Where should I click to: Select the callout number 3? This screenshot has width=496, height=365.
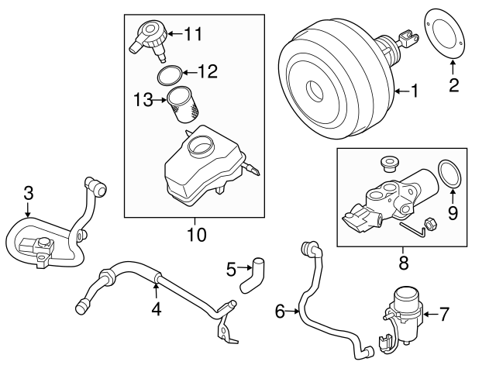27,193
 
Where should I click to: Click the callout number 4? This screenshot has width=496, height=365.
156,310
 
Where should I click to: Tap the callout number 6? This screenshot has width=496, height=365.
281,312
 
